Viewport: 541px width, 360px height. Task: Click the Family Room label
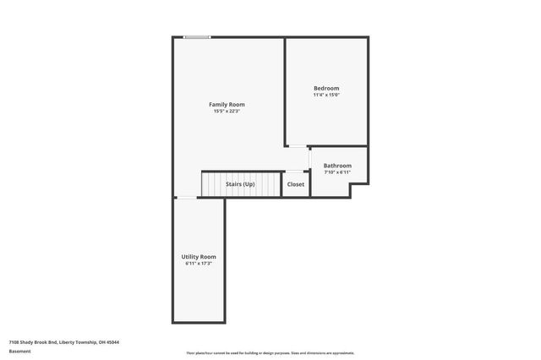227,104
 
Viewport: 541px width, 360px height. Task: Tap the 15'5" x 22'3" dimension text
227,111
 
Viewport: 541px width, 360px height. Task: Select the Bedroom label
326,88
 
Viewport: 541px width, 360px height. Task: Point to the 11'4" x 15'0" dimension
326,95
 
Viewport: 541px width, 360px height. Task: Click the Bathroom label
337,165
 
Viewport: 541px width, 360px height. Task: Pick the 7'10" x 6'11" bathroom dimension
337,172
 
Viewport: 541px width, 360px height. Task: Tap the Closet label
296,183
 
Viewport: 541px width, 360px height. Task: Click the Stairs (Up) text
240,183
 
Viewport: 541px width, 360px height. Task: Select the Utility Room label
199,256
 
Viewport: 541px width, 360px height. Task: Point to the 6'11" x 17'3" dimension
199,263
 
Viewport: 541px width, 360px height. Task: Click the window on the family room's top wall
198,37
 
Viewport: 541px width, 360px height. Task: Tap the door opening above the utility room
187,198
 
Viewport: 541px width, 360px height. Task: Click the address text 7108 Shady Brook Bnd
39,342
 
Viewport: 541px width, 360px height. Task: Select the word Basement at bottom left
19,351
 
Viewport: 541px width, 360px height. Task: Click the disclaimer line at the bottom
270,352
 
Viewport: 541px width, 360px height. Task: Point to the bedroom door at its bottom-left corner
296,146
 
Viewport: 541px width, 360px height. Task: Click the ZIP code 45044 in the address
113,342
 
